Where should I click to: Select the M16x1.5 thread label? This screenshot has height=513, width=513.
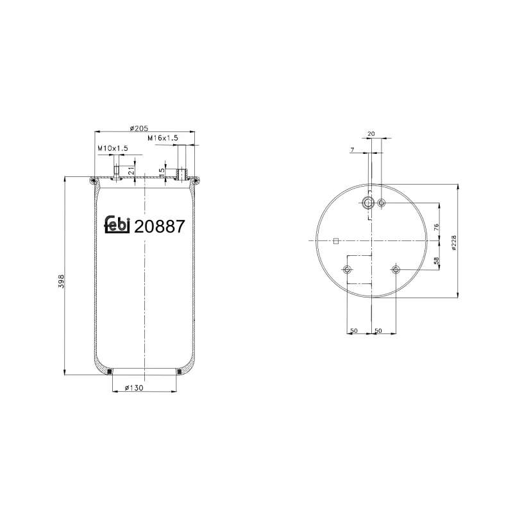(162, 138)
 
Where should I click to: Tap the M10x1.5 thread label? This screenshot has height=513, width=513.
(113, 148)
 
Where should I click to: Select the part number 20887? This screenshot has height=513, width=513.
(160, 226)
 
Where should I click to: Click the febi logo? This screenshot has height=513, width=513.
(117, 225)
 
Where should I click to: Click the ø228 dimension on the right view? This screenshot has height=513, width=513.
(454, 242)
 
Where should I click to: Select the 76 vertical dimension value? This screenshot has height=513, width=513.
(435, 227)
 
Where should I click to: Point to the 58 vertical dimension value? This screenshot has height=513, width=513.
(435, 261)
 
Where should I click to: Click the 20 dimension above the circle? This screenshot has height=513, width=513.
(371, 134)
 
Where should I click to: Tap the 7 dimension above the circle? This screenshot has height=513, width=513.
(352, 149)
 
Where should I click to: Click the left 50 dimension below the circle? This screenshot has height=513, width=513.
(353, 331)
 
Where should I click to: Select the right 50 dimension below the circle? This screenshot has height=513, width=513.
(378, 331)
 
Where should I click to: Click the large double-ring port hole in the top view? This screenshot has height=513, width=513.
(368, 203)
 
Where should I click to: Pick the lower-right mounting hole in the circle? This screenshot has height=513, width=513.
(396, 269)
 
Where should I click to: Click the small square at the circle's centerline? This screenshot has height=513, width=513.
(335, 241)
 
